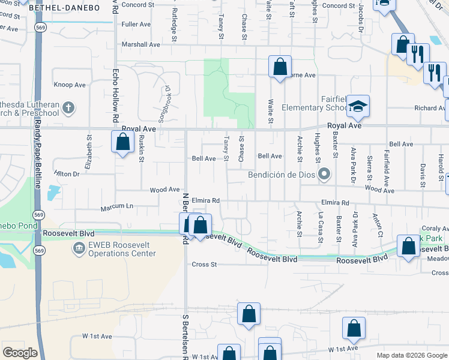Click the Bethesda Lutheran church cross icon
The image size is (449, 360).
coord(69,108)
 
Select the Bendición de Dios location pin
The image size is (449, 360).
coord(325,175)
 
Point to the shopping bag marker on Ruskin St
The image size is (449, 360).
coord(122,143)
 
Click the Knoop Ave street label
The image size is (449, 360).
coord(71,85)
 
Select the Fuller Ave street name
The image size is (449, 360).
coord(136,25)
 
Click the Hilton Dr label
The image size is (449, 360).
coord(67,173)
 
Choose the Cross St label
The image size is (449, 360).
coord(204,264)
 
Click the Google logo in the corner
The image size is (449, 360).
coord(20,352)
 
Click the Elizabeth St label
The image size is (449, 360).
coord(88,157)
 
